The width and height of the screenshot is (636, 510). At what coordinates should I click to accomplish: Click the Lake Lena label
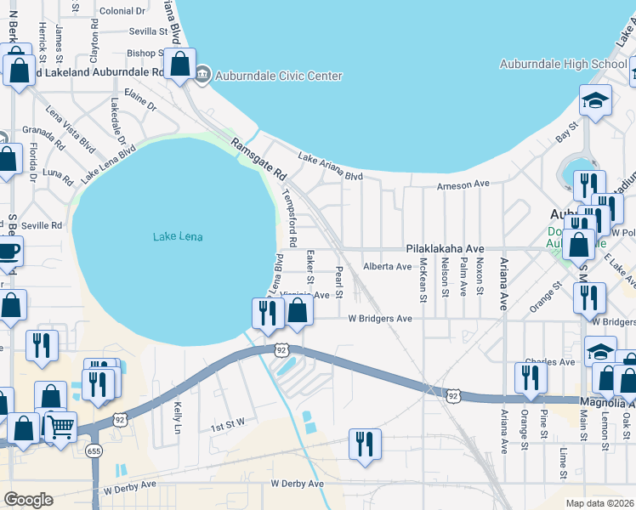point(178,236)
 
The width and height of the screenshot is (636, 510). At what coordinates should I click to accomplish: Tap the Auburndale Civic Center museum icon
point(202,76)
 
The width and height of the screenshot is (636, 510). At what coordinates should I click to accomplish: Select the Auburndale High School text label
point(563,64)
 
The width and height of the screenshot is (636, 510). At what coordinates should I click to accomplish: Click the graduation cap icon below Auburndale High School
point(595,99)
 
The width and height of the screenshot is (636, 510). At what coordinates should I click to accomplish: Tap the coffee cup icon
point(9,251)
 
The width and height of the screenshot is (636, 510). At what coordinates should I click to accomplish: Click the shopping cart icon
point(60,429)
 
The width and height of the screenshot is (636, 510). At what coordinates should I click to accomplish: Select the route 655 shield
point(94,450)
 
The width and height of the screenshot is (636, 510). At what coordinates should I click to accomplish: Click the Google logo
point(28,500)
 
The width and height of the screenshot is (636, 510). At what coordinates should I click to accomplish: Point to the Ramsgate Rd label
point(258,159)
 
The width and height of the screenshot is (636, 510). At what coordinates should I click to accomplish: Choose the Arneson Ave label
point(463,184)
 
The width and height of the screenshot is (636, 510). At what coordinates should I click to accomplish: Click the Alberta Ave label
point(387,266)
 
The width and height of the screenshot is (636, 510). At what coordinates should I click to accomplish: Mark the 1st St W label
point(228,422)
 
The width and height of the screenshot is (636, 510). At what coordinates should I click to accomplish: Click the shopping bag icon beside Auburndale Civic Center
point(179,65)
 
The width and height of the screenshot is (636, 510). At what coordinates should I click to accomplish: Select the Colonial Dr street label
point(122,10)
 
